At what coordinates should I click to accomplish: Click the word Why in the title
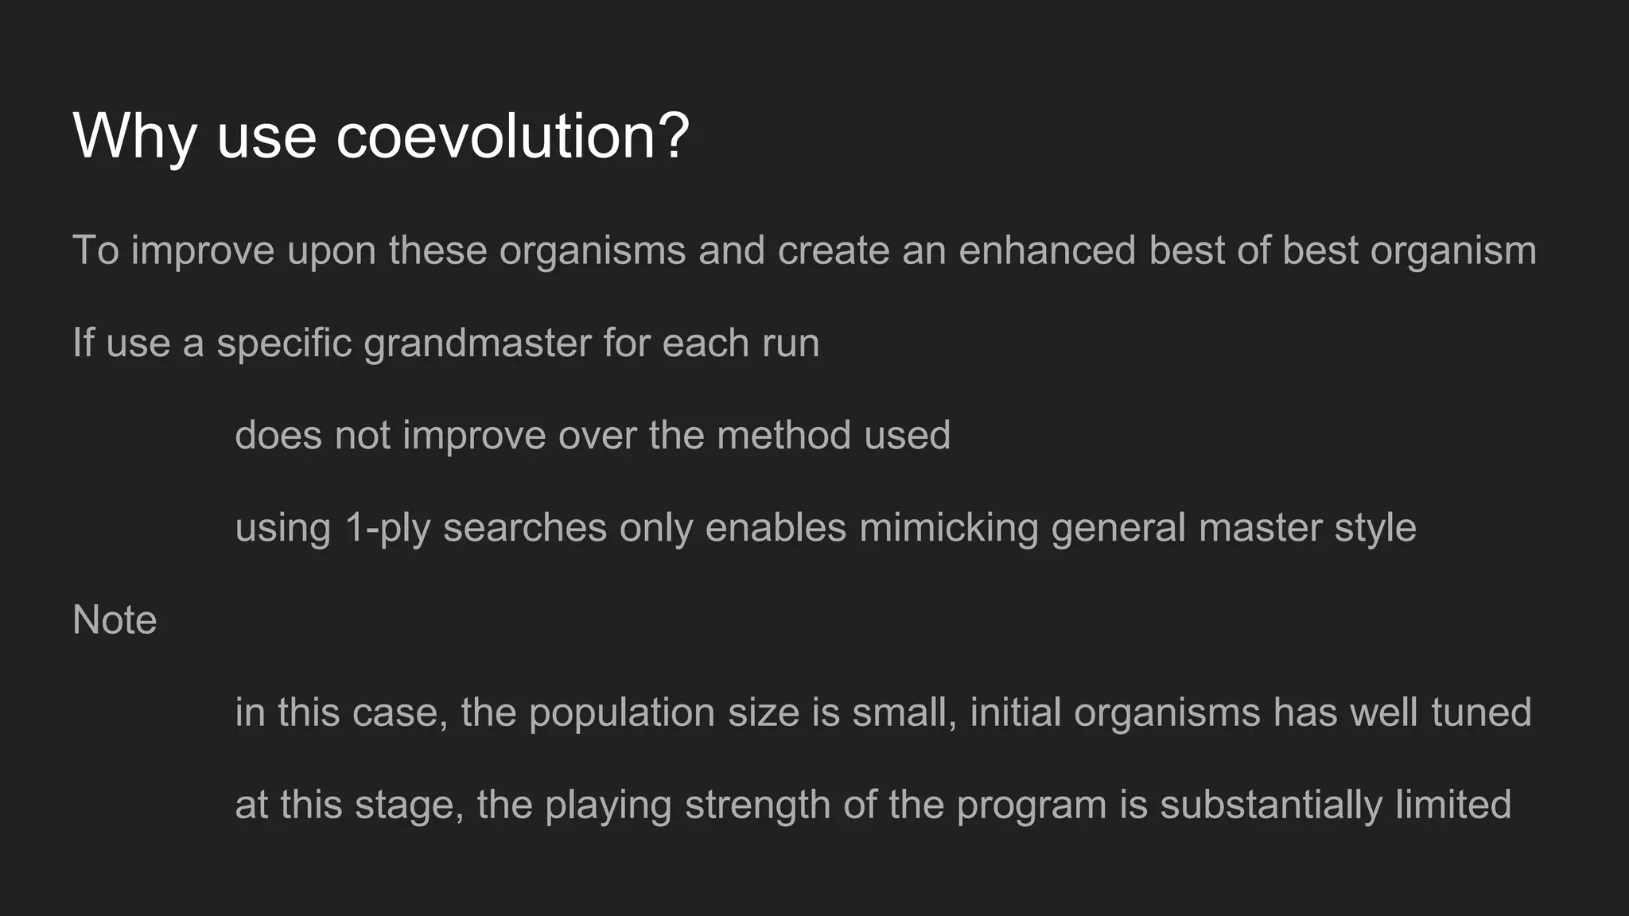coord(134,137)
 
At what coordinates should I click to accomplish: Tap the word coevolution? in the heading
coord(512,137)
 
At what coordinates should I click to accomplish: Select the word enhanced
coord(1047,250)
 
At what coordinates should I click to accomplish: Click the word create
coord(833,250)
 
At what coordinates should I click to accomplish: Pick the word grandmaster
coord(477,343)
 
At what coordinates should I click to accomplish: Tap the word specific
coord(284,343)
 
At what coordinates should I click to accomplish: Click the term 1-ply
coord(387,529)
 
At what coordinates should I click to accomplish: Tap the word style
coord(1375,528)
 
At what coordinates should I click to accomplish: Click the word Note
coord(115,620)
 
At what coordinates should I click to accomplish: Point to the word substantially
coord(1270,805)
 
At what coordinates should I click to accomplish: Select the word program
coord(1032,805)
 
